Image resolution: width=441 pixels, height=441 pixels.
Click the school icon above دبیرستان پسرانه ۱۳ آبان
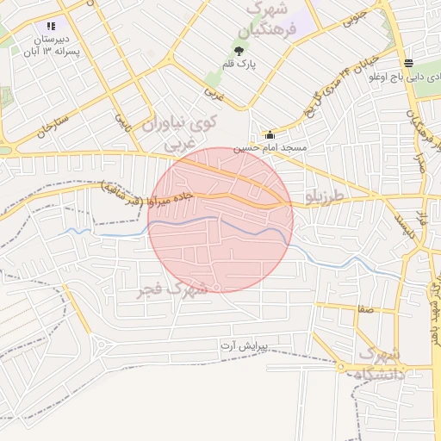pos(51,27)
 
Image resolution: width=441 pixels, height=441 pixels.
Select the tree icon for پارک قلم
pos(239,49)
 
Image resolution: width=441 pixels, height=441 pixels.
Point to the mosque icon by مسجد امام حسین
pos(270,134)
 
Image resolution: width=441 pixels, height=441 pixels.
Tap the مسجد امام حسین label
pos(274,148)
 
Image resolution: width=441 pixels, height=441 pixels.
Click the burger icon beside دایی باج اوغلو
pos(407,62)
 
